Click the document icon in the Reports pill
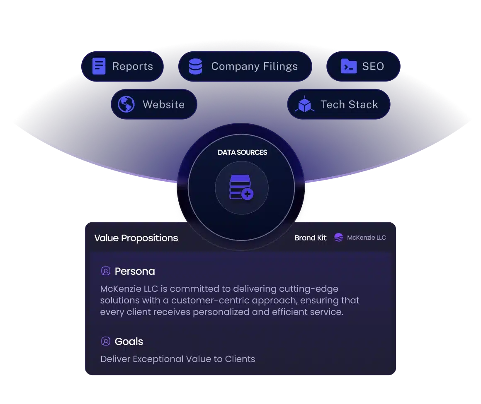99,66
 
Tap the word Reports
133,67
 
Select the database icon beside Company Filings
195,67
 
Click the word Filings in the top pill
280,67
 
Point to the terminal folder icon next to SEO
349,66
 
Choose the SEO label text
373,67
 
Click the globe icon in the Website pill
126,104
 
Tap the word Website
163,105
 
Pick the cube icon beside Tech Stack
304,104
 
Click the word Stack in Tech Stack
364,105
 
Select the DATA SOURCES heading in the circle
242,152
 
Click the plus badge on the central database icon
248,194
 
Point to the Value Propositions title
136,238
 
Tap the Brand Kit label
311,238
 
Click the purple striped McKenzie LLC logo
339,237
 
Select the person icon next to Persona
106,271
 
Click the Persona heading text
135,272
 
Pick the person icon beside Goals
106,341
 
